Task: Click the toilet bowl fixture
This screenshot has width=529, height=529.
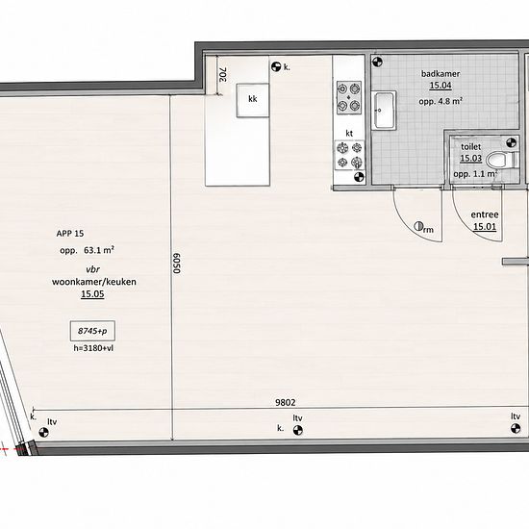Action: tap(503, 160)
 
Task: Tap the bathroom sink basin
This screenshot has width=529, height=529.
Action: tap(384, 111)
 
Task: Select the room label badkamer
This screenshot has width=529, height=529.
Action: tap(441, 73)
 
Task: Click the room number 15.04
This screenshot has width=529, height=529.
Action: tap(441, 86)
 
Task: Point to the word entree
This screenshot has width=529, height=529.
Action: tap(485, 214)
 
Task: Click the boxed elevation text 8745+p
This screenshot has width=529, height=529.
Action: tap(92, 331)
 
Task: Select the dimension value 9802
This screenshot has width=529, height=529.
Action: tap(286, 402)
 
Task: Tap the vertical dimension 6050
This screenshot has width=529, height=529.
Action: tap(177, 264)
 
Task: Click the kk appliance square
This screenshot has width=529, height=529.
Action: tap(253, 100)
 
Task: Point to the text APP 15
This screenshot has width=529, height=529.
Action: tap(70, 234)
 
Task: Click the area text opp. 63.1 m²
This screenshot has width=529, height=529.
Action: tap(87, 250)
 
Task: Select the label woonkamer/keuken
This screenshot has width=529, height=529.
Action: tap(94, 282)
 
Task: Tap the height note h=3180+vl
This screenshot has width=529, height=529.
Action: tap(93, 348)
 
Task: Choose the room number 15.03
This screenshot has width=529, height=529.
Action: tap(471, 159)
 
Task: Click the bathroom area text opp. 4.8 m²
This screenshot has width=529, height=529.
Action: tap(441, 101)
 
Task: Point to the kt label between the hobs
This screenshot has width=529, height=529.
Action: tap(349, 134)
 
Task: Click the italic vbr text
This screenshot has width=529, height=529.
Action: tap(92, 269)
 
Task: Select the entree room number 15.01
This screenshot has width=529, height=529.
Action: tap(485, 227)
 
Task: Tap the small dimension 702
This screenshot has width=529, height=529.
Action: tap(223, 74)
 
